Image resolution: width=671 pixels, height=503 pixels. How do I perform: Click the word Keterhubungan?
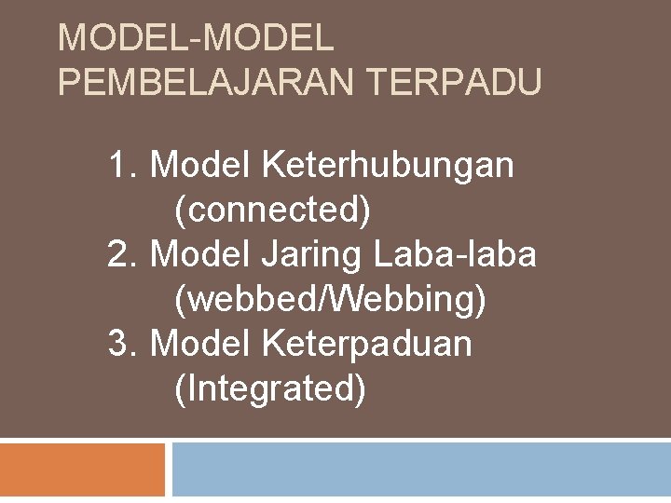(389, 167)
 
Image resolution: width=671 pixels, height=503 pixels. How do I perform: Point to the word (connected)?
(272, 211)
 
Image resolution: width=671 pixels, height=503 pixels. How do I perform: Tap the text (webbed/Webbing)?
(330, 299)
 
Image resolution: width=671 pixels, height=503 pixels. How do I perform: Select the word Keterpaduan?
(368, 344)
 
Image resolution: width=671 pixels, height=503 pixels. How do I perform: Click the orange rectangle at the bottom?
(82, 471)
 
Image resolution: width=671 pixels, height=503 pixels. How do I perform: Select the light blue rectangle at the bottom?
(421, 471)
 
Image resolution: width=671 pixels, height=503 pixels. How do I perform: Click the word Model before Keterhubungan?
(201, 167)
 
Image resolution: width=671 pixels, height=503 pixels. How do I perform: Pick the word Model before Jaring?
(201, 254)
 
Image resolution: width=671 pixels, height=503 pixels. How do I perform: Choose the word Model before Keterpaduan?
(201, 344)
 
